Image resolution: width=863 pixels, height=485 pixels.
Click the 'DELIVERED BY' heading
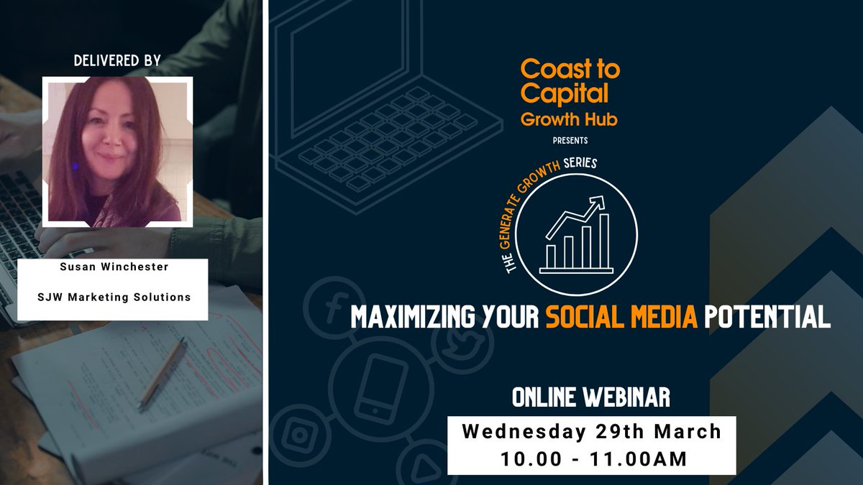117,62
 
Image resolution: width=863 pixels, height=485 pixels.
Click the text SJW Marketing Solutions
118,297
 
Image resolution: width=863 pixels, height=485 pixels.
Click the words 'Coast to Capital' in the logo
569,81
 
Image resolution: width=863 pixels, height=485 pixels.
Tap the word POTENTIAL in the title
768,318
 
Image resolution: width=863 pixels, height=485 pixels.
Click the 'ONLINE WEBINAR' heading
591,396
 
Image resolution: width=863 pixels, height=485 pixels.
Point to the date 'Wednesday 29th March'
591,431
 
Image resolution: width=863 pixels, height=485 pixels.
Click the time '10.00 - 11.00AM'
591,458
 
